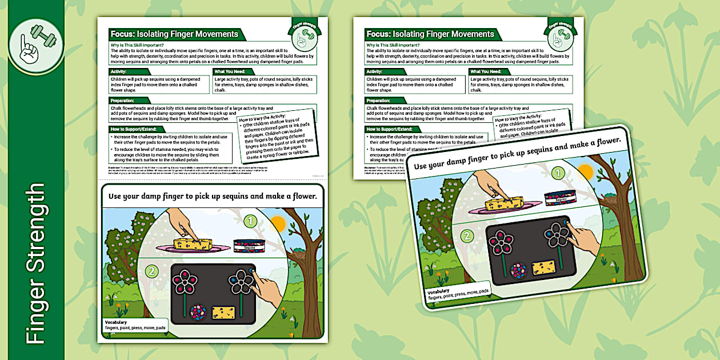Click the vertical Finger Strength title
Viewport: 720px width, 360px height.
[35, 263]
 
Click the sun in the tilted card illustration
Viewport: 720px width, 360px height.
[585, 171]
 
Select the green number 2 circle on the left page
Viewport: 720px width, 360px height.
[151, 271]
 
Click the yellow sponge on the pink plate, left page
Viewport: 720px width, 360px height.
[193, 245]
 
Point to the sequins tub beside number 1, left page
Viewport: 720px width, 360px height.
[249, 246]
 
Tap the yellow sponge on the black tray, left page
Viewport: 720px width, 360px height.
[223, 312]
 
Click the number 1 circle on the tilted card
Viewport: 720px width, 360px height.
[559, 173]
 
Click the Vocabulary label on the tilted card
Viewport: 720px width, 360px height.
[438, 291]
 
